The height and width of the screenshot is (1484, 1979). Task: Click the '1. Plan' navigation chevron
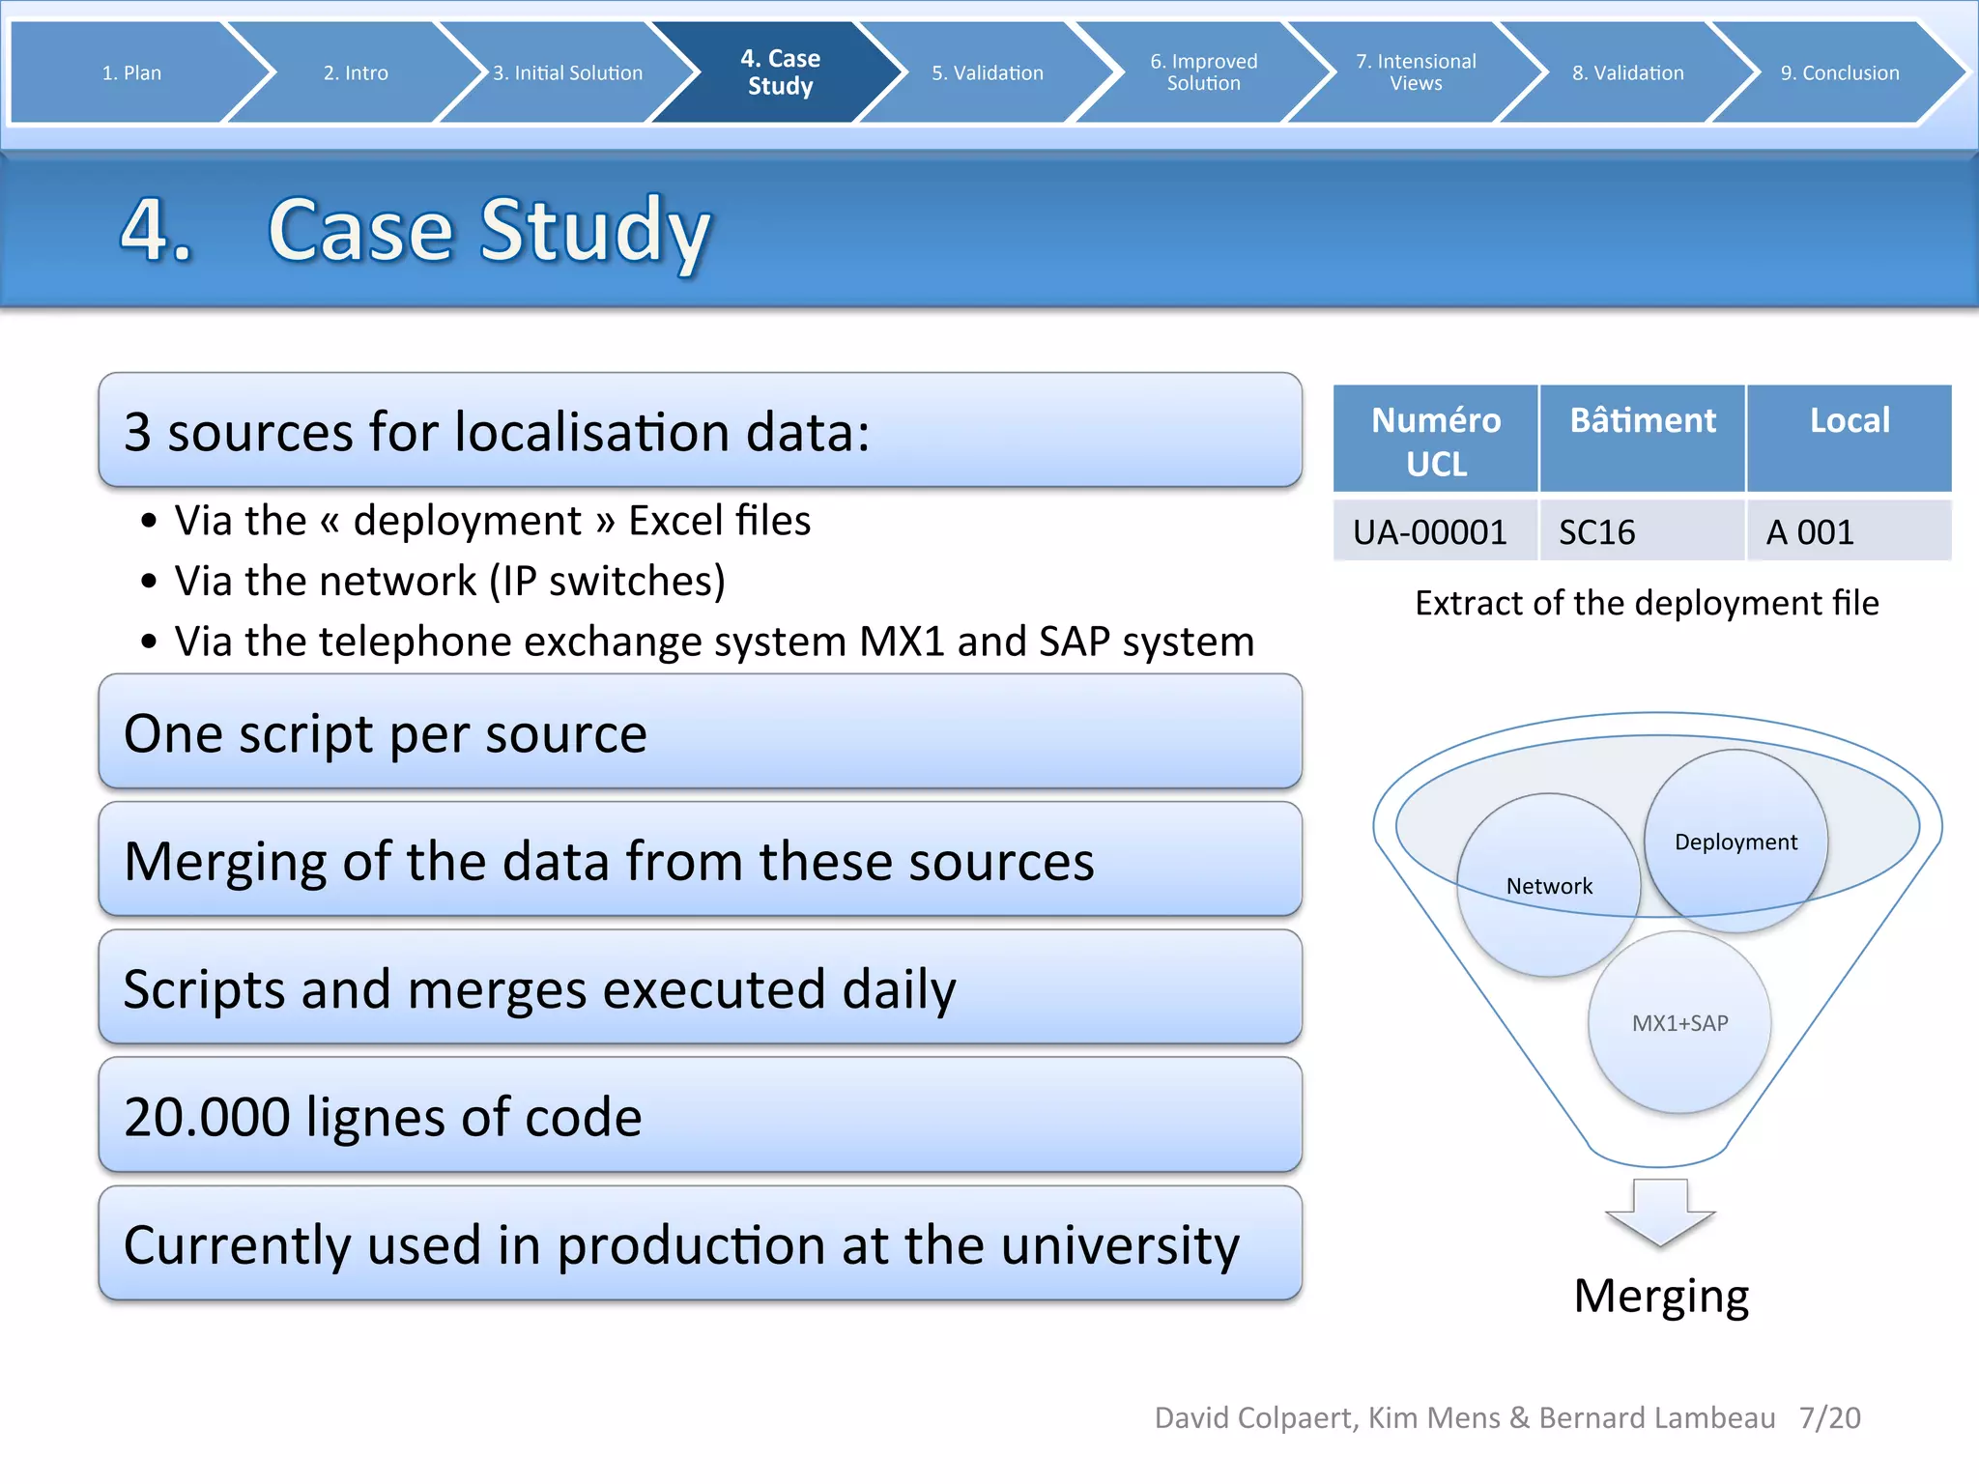[131, 72]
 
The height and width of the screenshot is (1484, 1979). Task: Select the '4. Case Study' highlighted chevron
[780, 72]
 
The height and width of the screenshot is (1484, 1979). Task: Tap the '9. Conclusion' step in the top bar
[1839, 72]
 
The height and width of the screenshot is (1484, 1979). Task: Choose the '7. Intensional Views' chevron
[1415, 72]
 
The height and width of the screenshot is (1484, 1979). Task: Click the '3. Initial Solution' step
[567, 72]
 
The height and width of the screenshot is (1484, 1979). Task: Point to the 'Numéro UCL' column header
[1436, 441]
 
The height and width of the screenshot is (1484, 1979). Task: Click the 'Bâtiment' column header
[1642, 422]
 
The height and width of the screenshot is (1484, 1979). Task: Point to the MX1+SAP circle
[1679, 1023]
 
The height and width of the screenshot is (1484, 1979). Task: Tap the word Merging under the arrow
[1660, 1297]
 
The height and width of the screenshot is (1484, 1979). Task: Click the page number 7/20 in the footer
[1829, 1417]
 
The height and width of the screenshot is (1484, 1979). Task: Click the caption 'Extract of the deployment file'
[1647, 603]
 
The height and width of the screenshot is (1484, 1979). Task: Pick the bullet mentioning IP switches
[449, 581]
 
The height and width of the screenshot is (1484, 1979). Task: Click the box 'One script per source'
[700, 732]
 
